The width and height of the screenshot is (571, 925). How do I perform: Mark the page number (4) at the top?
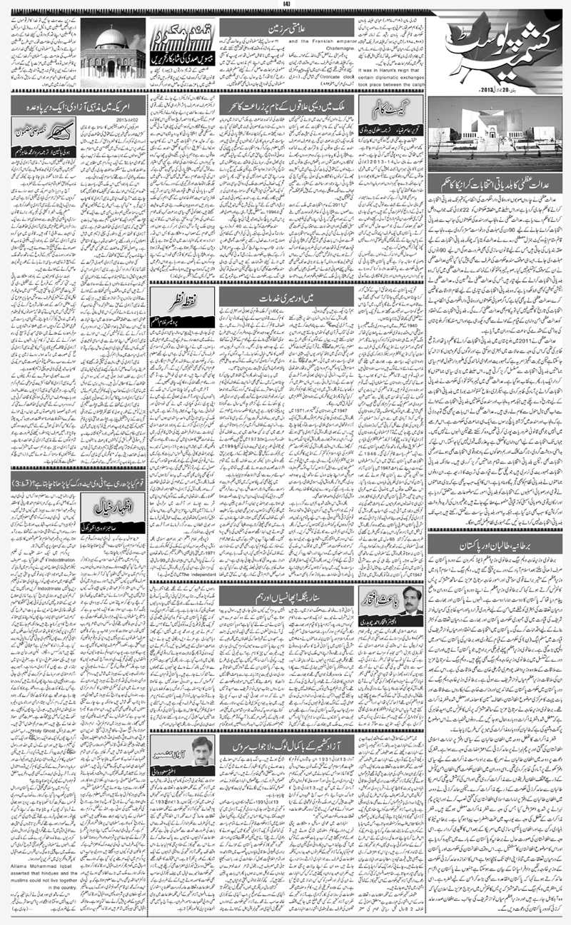click(285, 6)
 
